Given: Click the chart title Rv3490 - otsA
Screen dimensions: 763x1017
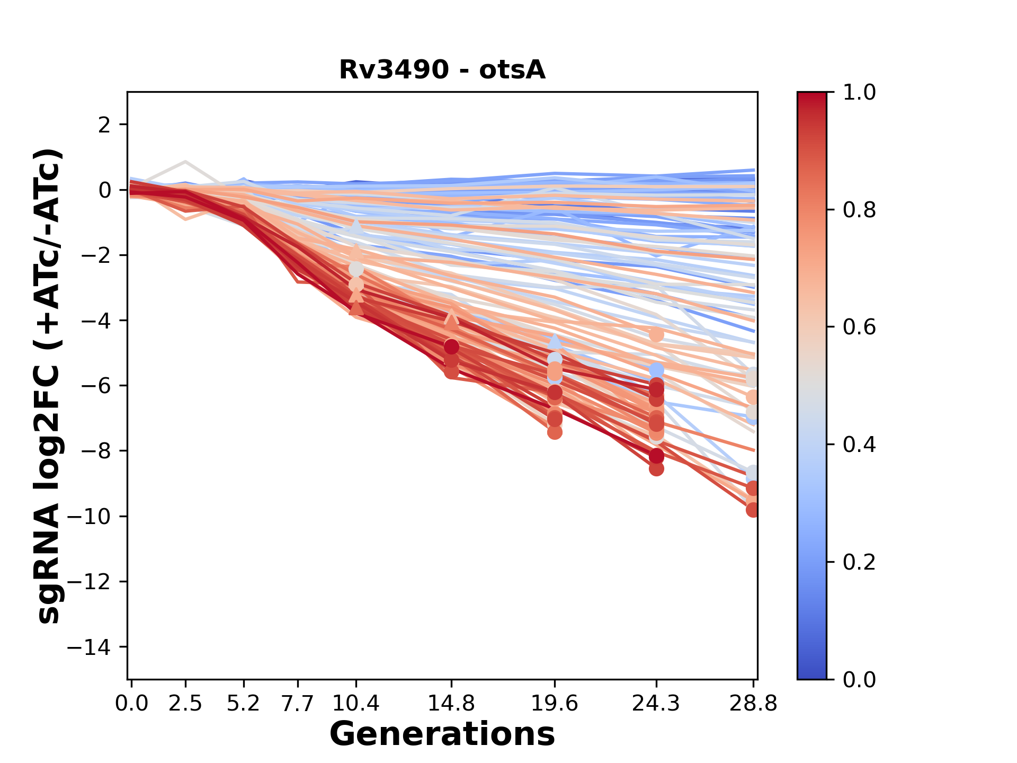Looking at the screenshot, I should click(x=442, y=70).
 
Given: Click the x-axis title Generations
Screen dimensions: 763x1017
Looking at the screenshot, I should click(x=442, y=734).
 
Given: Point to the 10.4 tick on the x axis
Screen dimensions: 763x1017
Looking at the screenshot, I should click(x=356, y=704).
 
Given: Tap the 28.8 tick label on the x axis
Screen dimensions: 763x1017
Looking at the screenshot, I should click(x=753, y=704).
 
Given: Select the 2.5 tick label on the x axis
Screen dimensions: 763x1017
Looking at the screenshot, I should click(x=185, y=704).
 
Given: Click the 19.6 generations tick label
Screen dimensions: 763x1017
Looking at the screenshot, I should click(x=555, y=704).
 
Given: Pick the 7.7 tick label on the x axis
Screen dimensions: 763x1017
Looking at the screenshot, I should click(x=298, y=704).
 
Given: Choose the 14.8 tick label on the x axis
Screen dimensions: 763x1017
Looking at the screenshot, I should click(x=451, y=704).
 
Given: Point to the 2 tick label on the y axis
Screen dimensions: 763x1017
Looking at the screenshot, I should click(x=104, y=125).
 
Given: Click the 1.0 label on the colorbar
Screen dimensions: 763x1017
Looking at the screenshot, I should click(x=859, y=93).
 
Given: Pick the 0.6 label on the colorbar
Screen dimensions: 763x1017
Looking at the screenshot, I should click(x=859, y=327).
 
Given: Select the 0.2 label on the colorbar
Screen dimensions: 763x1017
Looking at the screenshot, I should click(x=859, y=562).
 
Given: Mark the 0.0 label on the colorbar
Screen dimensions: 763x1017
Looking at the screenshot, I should click(x=859, y=679).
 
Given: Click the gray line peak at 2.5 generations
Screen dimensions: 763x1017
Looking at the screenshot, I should click(x=185, y=161).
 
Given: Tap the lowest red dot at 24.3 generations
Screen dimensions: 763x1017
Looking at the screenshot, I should click(x=656, y=468).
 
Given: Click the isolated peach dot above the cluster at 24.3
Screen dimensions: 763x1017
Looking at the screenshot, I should click(x=656, y=335).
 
